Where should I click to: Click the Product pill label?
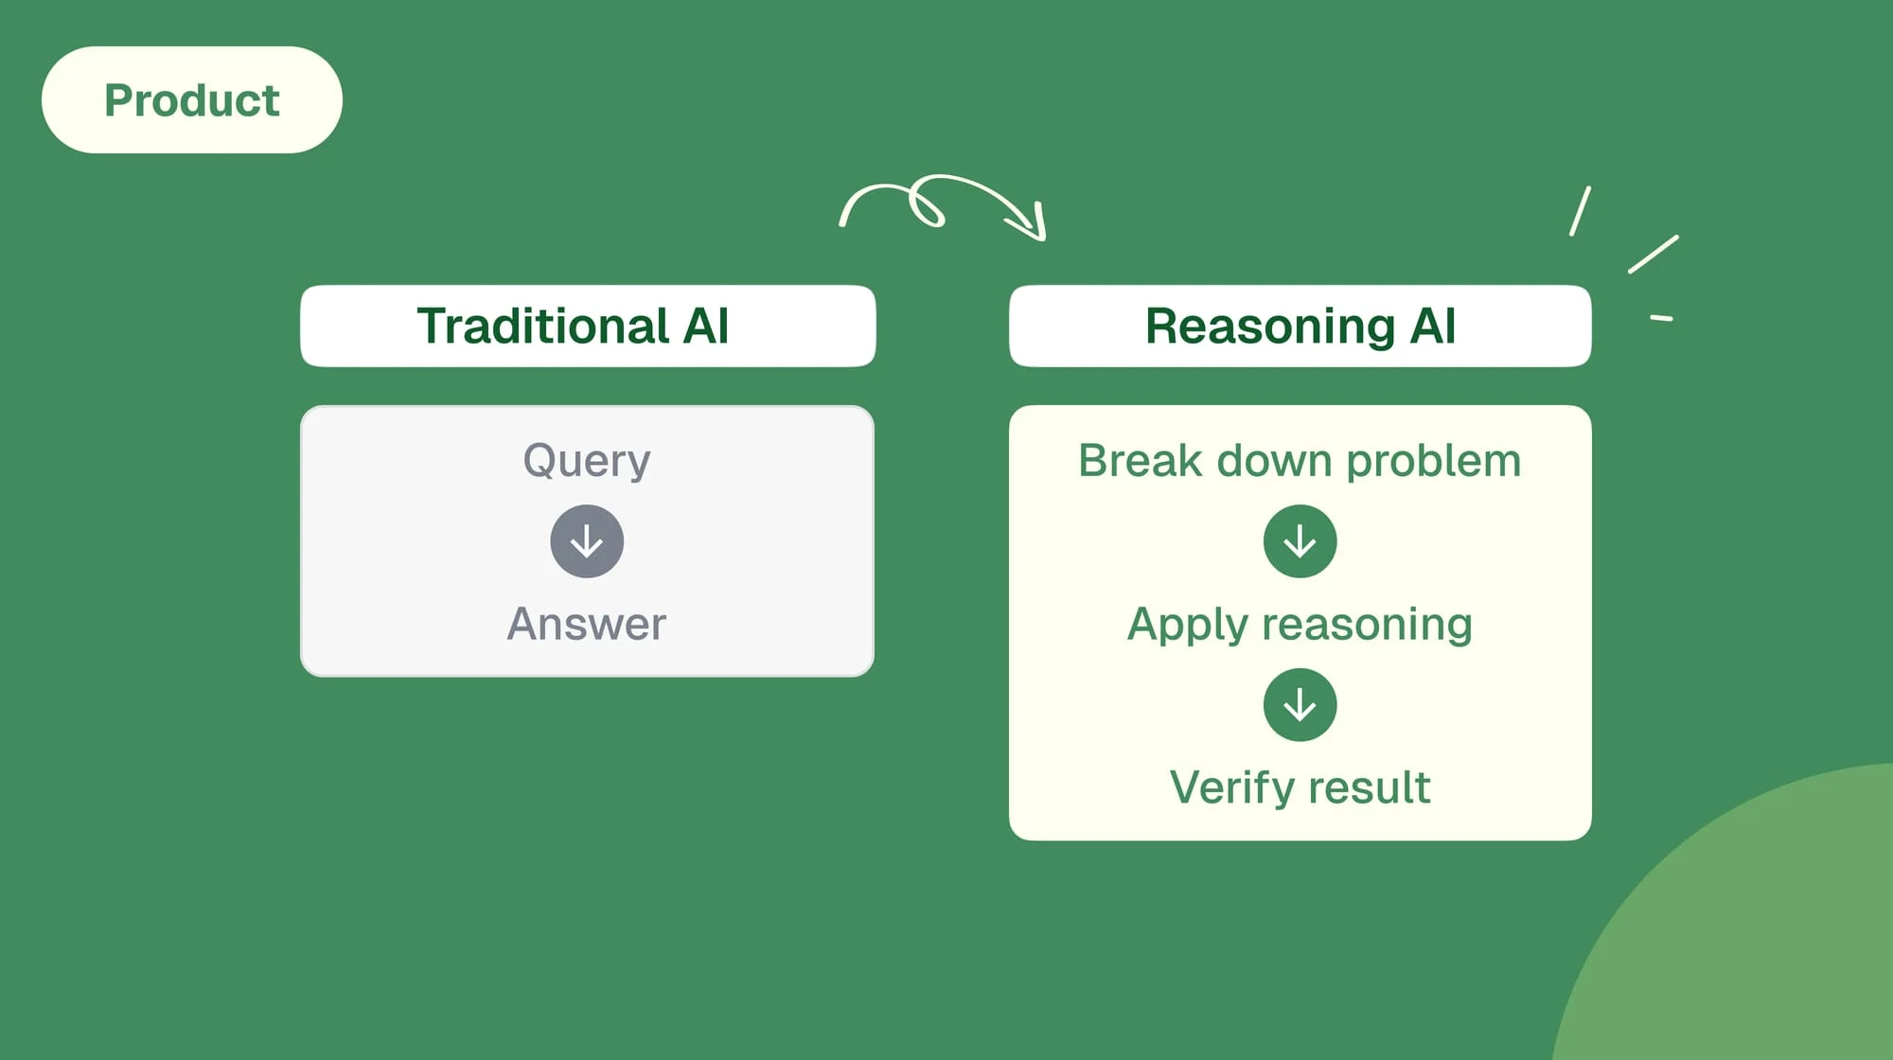click(191, 100)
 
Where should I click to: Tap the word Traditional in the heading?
click(543, 327)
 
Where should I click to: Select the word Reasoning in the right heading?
click(1270, 327)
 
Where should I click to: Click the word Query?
click(587, 461)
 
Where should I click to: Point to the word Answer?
click(587, 625)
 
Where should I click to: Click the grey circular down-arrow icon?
click(587, 541)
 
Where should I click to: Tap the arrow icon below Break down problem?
click(1300, 541)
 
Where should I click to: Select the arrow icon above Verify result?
click(1300, 705)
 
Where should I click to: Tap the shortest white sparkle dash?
click(1661, 318)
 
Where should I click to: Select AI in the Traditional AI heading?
click(705, 327)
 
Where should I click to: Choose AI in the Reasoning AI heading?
click(1432, 327)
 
